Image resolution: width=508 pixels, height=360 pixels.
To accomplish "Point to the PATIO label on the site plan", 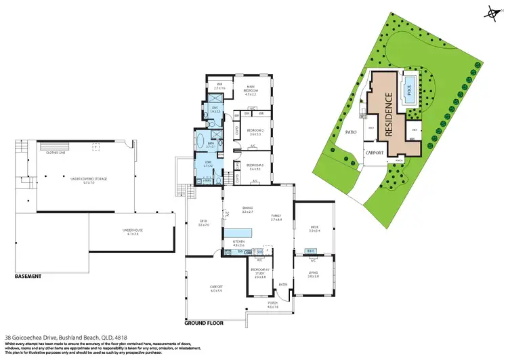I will pyautogui.click(x=351, y=132).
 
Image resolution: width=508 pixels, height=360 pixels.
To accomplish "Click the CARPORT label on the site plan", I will pyautogui.click(x=375, y=153).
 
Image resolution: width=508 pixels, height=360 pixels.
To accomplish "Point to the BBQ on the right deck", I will pyautogui.click(x=312, y=250).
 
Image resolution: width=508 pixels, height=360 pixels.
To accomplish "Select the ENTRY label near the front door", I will pyautogui.click(x=283, y=283).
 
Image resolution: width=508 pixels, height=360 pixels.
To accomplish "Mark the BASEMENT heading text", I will pyautogui.click(x=28, y=277).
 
